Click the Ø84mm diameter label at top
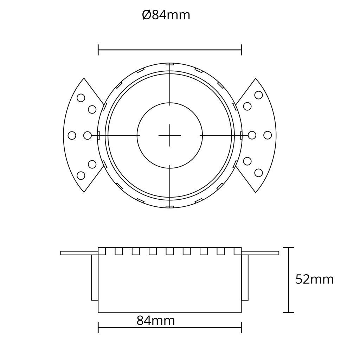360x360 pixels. coord(166,15)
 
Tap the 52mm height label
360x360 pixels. coord(314,279)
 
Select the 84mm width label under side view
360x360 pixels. coord(156,320)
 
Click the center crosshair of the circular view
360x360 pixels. coord(170,135)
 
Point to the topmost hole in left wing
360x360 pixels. coord(81,98)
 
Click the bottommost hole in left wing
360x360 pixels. coord(81,175)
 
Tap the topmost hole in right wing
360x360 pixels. coord(258,95)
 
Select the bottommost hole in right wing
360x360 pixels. coord(258,173)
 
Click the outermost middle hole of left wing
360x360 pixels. coord(72,135)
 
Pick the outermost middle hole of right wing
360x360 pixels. coord(268,135)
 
